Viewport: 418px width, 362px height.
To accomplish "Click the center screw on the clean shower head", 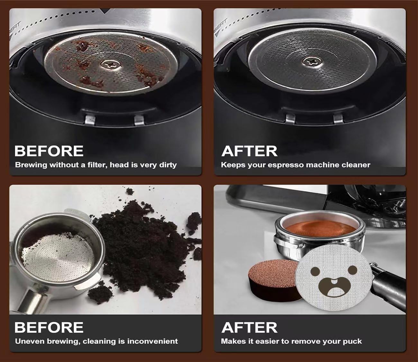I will point(311,60).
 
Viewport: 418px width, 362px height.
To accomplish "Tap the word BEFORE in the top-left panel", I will point(49,151).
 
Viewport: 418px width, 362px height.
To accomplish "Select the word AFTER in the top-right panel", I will point(249,151).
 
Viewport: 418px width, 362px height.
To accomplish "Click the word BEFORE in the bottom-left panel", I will point(49,327).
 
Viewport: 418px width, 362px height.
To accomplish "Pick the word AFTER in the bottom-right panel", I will point(249,327).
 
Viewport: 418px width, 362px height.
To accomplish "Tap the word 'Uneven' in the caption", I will point(30,341).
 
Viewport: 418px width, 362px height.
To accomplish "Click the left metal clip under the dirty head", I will point(90,120).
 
